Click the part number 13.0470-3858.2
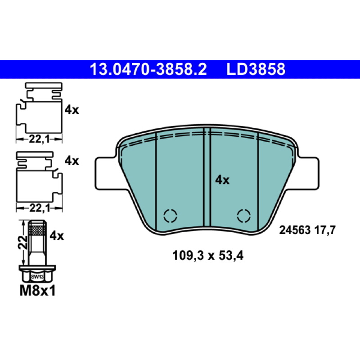click(x=148, y=69)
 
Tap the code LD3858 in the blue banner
click(x=256, y=69)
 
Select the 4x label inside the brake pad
click(x=222, y=180)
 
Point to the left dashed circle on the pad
click(x=170, y=216)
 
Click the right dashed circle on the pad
click(x=243, y=216)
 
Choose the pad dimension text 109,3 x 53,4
click(x=207, y=255)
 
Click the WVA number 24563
click(x=295, y=230)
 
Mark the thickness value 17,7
click(x=325, y=230)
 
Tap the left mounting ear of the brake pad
click(x=106, y=173)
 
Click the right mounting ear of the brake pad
click(x=308, y=173)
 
